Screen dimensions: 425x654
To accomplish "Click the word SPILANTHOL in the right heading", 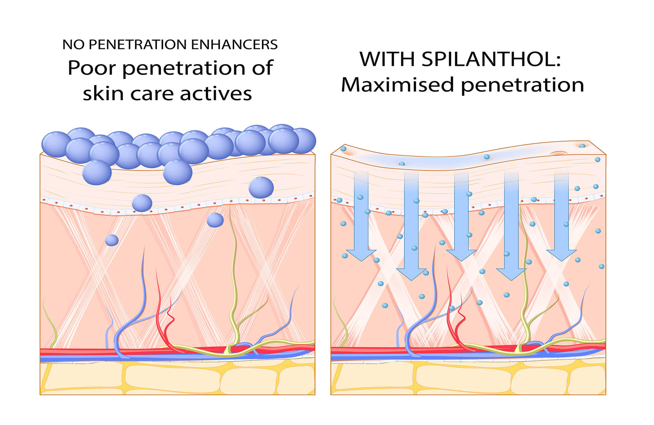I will pyautogui.click(x=491, y=59).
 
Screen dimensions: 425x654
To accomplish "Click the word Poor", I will pyautogui.click(x=92, y=68).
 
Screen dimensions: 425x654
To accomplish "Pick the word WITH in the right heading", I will pyautogui.click(x=387, y=59).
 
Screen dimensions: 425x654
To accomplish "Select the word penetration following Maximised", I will pyautogui.click(x=522, y=85).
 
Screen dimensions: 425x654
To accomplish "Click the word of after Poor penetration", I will pyautogui.click(x=262, y=68).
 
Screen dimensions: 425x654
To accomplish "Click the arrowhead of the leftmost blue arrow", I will pyautogui.click(x=361, y=255).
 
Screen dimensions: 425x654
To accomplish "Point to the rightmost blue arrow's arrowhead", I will pyautogui.click(x=562, y=255).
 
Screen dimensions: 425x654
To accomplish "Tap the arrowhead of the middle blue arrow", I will pyautogui.click(x=461, y=255).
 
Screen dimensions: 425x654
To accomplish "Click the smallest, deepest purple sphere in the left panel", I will pyautogui.click(x=112, y=240).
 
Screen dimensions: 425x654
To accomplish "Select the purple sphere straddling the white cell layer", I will pyautogui.click(x=142, y=203).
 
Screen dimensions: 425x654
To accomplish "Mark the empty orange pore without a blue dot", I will pyautogui.click(x=559, y=153).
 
